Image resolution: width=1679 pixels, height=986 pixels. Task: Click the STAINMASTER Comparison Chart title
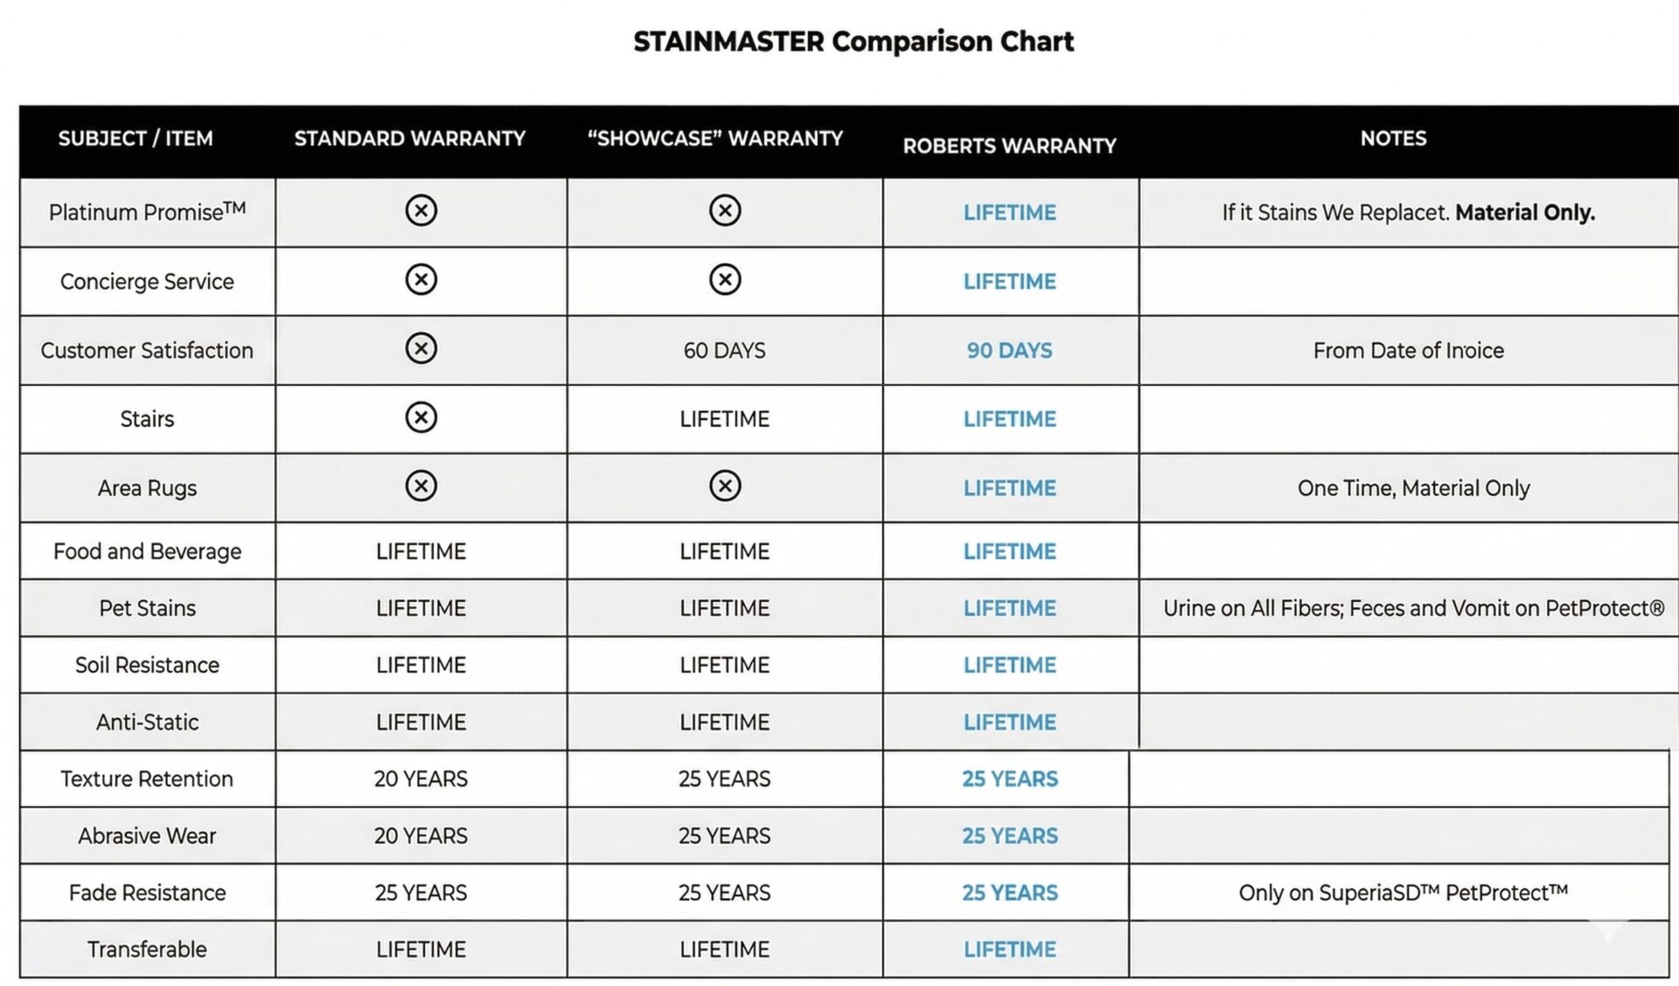pos(853,41)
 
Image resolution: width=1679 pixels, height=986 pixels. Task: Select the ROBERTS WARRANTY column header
pos(1009,145)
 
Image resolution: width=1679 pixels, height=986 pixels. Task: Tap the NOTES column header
pos(1392,138)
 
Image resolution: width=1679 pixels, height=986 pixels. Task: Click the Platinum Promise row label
pos(147,212)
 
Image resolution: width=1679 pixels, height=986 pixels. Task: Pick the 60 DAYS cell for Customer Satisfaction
pos(724,350)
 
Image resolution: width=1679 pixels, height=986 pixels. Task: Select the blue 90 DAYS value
pos(1009,350)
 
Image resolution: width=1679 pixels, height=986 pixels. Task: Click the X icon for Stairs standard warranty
pos(421,417)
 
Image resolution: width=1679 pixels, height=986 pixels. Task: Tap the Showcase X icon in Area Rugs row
pos(724,486)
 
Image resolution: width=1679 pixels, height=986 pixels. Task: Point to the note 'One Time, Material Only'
pos(1413,487)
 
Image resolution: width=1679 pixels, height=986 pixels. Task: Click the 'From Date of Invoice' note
pos(1408,350)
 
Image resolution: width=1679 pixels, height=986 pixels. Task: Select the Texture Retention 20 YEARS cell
pos(421,779)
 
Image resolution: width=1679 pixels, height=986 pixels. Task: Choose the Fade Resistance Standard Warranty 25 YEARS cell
pos(421,892)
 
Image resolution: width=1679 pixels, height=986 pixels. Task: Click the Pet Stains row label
pos(147,608)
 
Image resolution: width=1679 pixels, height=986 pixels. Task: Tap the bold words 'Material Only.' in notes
pos(1524,212)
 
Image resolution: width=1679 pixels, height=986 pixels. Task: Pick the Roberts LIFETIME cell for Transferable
pos(1009,949)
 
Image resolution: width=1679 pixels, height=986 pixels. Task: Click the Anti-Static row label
pos(147,722)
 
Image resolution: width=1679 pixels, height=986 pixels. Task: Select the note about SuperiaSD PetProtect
pos(1403,892)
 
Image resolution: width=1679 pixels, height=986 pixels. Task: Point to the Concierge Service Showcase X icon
pos(724,280)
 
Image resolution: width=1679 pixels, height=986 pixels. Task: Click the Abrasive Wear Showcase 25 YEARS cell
pos(724,836)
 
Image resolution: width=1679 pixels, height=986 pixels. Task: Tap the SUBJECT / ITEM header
pos(136,138)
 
